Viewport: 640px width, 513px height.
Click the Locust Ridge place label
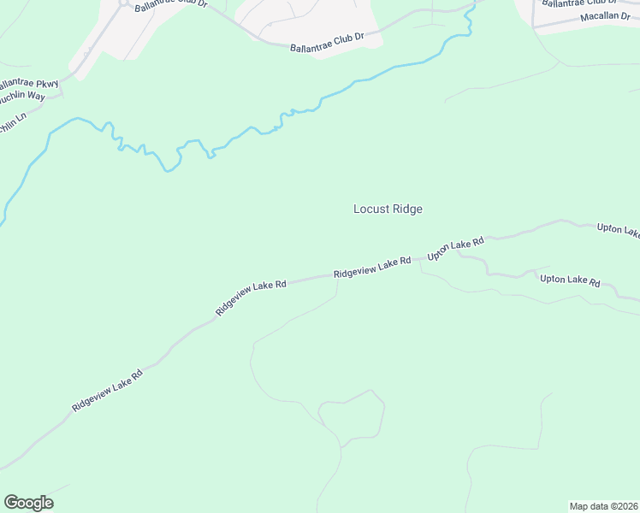388,209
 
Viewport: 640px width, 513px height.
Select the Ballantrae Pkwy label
28,83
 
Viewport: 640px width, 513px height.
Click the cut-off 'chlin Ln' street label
13,123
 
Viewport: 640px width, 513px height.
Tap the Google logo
28,503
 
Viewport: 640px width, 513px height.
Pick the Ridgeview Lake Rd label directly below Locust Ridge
372,268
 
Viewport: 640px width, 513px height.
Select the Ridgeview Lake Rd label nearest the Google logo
107,390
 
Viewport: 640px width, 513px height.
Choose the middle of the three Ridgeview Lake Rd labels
251,296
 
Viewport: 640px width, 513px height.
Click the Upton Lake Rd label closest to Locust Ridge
456,248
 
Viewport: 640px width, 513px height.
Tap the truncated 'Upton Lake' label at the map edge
618,231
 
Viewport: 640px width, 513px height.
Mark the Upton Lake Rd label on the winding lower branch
569,280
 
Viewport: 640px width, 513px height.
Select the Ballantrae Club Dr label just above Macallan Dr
579,3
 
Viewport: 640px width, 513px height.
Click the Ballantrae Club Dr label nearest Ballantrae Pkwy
171,4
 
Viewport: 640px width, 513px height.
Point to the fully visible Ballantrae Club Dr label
327,41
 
